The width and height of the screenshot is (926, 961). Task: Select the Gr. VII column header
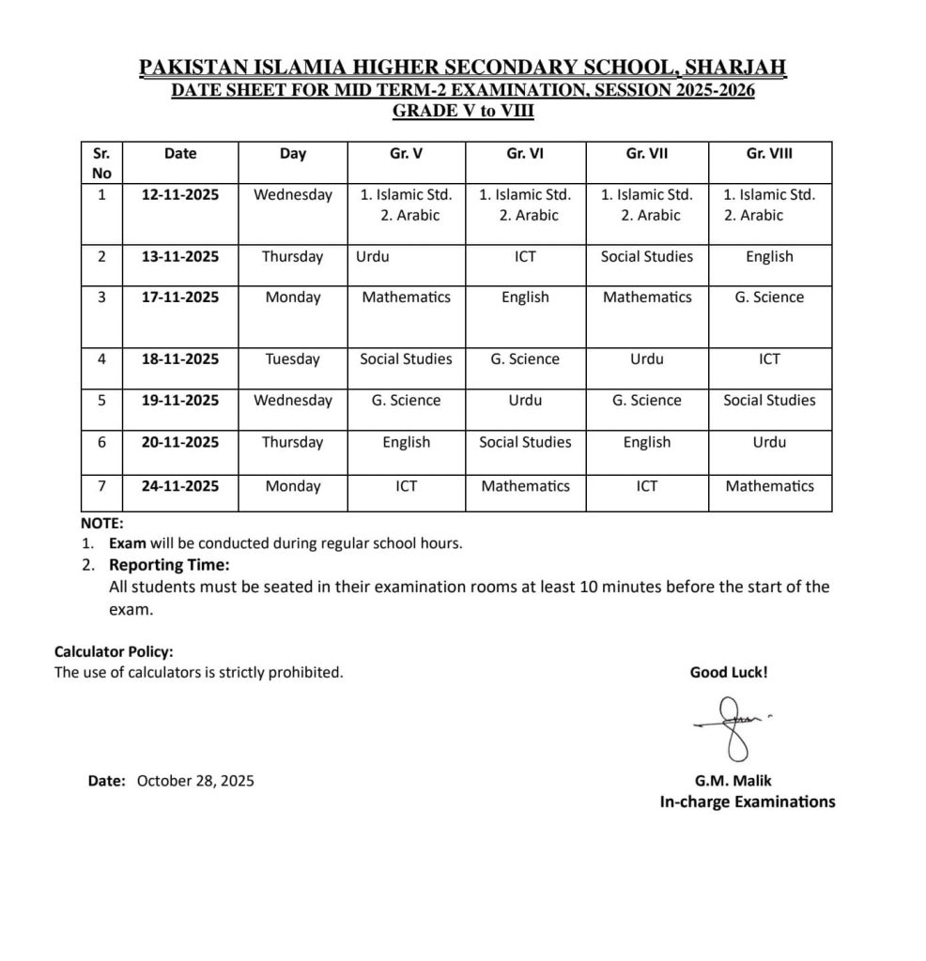pyautogui.click(x=647, y=154)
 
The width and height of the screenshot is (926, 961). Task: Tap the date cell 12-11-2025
pyautogui.click(x=179, y=195)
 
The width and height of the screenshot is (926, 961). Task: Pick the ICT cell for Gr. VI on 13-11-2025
pyautogui.click(x=525, y=256)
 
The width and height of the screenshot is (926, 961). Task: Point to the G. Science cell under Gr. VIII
pyautogui.click(x=769, y=297)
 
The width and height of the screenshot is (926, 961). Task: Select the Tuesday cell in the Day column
pyautogui.click(x=292, y=359)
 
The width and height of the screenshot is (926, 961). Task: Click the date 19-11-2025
pyautogui.click(x=179, y=400)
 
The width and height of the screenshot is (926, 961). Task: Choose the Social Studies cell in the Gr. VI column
pyautogui.click(x=525, y=442)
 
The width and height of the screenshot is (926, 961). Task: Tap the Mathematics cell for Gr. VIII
pyautogui.click(x=769, y=486)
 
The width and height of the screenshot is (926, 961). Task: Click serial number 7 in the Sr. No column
pyautogui.click(x=101, y=486)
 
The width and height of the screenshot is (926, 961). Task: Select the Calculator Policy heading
pyautogui.click(x=114, y=651)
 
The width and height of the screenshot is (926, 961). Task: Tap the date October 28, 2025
pyautogui.click(x=195, y=780)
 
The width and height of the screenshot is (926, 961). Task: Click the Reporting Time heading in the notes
pyautogui.click(x=169, y=565)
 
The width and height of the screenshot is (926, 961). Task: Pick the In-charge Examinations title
pyautogui.click(x=747, y=801)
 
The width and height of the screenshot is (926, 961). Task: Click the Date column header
pyautogui.click(x=179, y=154)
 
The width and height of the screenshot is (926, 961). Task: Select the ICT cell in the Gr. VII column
pyautogui.click(x=647, y=486)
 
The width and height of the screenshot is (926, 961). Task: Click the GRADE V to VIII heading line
pyautogui.click(x=463, y=110)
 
